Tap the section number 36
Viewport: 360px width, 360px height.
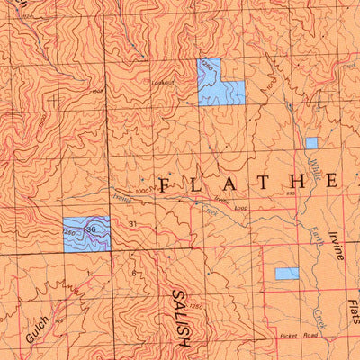point(90,230)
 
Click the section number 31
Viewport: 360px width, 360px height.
point(132,224)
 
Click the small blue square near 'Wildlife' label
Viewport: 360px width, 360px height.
point(311,143)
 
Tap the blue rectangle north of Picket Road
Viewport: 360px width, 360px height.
point(286,274)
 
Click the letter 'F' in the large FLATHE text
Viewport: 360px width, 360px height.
point(165,184)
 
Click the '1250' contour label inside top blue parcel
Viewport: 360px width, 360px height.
point(208,68)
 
